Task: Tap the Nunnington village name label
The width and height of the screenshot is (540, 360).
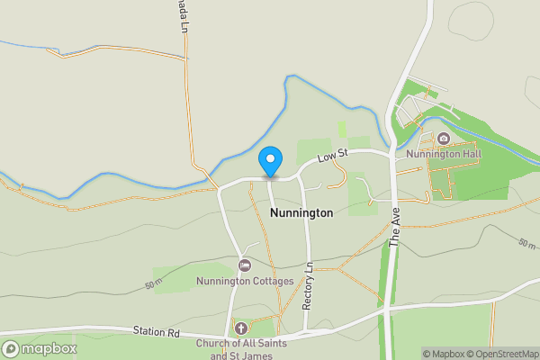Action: pyautogui.click(x=301, y=213)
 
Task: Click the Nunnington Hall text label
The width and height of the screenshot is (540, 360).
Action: pyautogui.click(x=444, y=154)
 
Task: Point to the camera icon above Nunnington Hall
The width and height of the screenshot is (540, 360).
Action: pyautogui.click(x=444, y=139)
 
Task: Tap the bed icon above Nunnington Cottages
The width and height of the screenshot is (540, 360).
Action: pyautogui.click(x=245, y=265)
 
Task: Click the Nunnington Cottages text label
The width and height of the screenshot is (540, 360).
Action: pyautogui.click(x=245, y=282)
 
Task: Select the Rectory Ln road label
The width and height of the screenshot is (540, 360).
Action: pyautogui.click(x=308, y=287)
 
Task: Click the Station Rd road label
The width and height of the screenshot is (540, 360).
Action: pyautogui.click(x=157, y=332)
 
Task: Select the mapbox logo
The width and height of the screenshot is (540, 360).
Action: pyautogui.click(x=39, y=348)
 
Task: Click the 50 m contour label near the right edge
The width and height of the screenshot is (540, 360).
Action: pyautogui.click(x=526, y=244)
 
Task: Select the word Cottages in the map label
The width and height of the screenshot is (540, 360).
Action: pyautogui.click(x=273, y=282)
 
